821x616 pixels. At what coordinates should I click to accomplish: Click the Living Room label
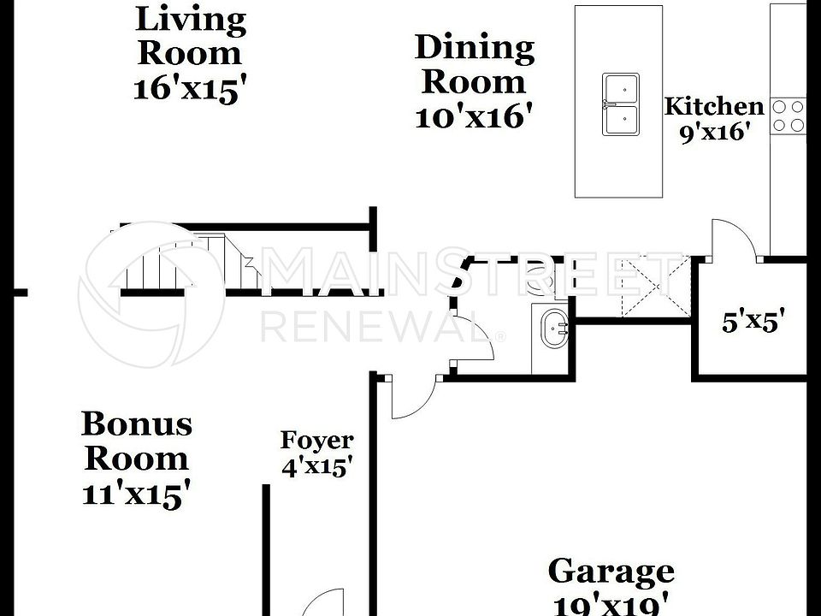190,35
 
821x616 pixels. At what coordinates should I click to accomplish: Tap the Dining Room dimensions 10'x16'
475,116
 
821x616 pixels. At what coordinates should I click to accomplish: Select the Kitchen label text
714,107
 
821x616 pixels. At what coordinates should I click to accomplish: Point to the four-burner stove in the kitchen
788,116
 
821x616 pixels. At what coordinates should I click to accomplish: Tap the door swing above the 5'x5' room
734,240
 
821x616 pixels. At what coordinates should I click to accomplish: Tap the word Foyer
316,441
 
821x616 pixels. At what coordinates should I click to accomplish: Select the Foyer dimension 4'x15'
316,467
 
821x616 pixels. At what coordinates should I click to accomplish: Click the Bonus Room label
136,441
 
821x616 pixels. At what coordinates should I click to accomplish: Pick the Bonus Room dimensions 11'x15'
136,494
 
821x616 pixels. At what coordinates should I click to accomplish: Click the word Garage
611,571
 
